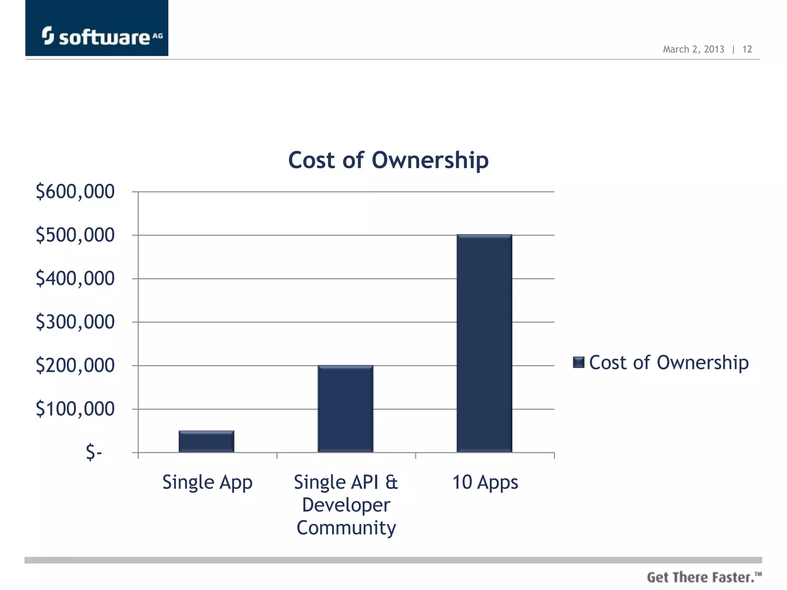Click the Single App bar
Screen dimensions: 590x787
206,441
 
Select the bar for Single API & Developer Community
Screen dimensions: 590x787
345,409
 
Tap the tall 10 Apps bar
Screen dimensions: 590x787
484,343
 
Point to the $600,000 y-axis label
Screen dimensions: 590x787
75,192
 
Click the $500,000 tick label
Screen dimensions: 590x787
75,235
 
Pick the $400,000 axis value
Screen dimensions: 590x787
75,278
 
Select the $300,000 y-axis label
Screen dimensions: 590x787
75,322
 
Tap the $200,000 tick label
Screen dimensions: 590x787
75,365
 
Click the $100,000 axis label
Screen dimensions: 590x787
75,409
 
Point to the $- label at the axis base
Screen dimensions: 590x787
94,452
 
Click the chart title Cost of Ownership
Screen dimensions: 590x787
388,160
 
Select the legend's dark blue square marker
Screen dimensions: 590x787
578,362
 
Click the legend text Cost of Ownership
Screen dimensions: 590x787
669,363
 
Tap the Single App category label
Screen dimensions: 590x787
207,482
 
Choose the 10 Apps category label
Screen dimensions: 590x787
485,482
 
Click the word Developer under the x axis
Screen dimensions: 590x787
346,505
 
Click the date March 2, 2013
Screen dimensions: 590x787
693,49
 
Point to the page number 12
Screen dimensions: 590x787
747,49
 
